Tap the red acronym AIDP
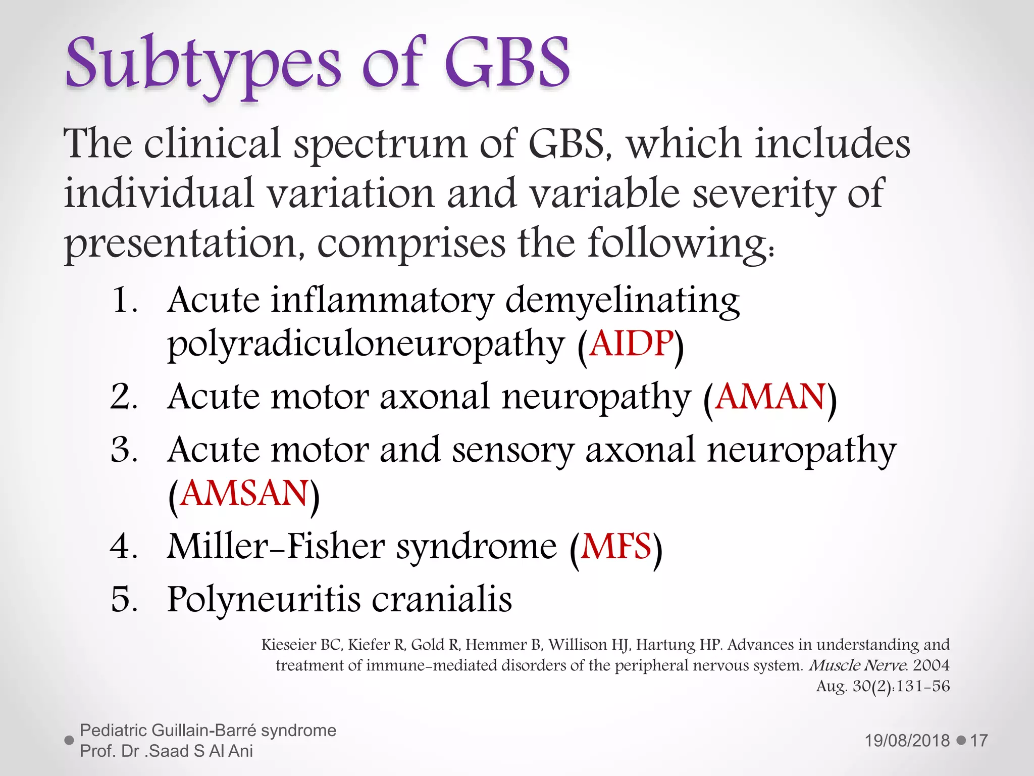coord(631,344)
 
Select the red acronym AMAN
coord(770,397)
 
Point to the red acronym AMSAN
coord(244,494)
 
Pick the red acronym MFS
coord(616,547)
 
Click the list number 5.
coord(123,600)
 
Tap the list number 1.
coord(123,300)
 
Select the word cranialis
coord(442,600)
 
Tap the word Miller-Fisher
coord(276,547)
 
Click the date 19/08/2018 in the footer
coord(907,741)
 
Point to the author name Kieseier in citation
coord(289,645)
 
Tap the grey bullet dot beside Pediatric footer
coord(70,741)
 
